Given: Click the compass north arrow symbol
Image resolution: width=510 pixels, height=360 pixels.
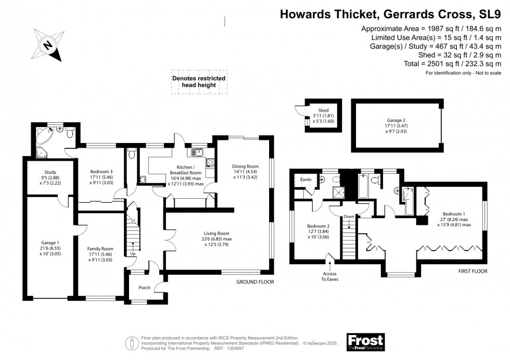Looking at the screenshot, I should tap(47, 46).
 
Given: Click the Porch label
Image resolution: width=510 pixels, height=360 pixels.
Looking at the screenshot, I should tap(144, 287).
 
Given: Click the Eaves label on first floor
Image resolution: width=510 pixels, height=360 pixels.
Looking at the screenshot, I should tap(305, 179).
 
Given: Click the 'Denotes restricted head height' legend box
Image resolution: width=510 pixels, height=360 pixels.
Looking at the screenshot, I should tap(199, 82).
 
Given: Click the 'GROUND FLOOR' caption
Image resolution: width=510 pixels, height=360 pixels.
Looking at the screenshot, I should tap(255, 282).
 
